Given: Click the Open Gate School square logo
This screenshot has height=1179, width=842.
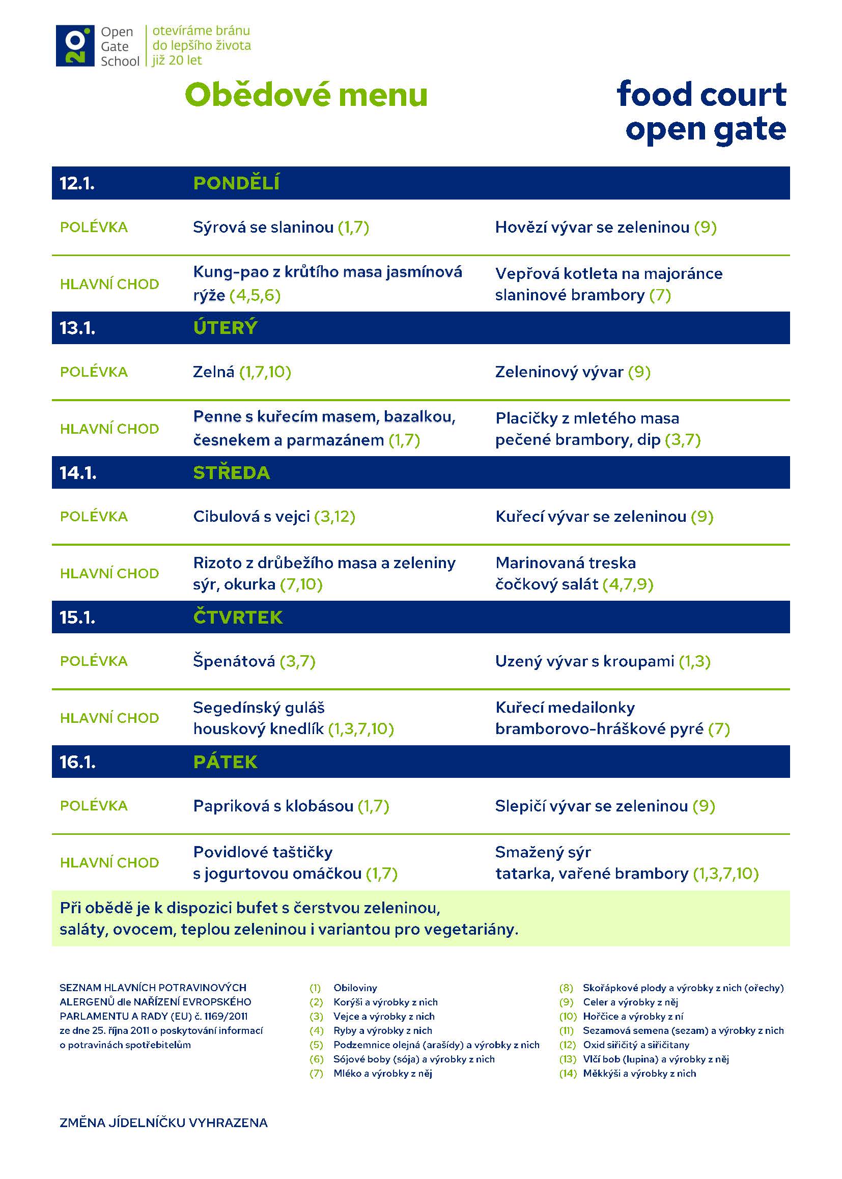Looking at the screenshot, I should tap(75, 46).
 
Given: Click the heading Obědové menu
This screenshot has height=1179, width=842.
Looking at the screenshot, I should tap(306, 95).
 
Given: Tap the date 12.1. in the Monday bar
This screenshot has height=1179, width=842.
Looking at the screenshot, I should tap(77, 183).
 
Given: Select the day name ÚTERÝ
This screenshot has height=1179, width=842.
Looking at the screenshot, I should tap(225, 328).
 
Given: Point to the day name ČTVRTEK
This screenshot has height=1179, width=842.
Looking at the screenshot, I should tap(237, 617).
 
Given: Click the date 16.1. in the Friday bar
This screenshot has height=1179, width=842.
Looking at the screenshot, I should tap(77, 762).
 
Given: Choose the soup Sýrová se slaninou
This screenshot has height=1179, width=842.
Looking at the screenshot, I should tap(280, 227).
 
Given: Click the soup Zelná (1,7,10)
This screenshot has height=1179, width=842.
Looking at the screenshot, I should tap(242, 372).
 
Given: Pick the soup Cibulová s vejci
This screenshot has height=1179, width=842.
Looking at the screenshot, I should tap(274, 516).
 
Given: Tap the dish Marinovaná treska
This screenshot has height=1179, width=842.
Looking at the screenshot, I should tap(565, 563).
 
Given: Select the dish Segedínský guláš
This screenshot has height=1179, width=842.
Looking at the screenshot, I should tap(259, 707).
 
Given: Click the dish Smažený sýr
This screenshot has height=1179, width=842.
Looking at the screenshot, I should tap(542, 852).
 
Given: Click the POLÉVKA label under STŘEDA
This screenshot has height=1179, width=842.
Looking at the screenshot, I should tap(94, 516).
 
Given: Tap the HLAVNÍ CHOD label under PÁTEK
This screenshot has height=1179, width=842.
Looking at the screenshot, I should tap(109, 862).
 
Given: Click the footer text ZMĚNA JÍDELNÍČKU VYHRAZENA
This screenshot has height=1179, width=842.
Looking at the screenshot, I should tap(163, 1123).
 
